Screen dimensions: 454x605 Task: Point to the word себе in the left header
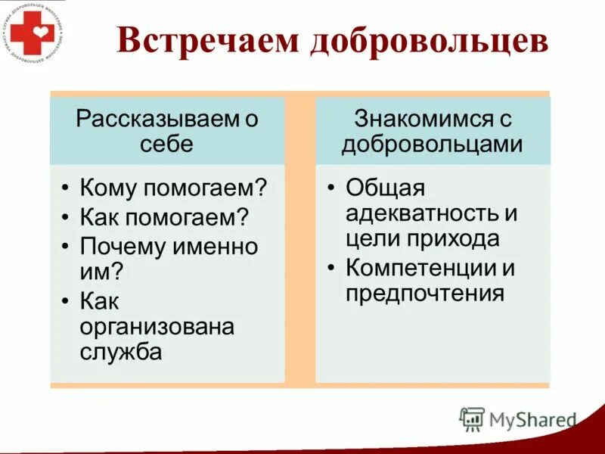point(166,143)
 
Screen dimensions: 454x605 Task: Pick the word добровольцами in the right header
point(432,143)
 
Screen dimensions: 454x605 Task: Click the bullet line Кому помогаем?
point(174,187)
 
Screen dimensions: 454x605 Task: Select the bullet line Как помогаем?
point(164,216)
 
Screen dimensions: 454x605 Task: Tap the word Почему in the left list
point(125,247)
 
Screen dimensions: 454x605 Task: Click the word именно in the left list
point(219,247)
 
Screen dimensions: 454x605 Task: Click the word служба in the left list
point(121,352)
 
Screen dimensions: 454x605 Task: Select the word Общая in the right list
point(386,187)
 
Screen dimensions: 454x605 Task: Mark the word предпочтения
point(425,293)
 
